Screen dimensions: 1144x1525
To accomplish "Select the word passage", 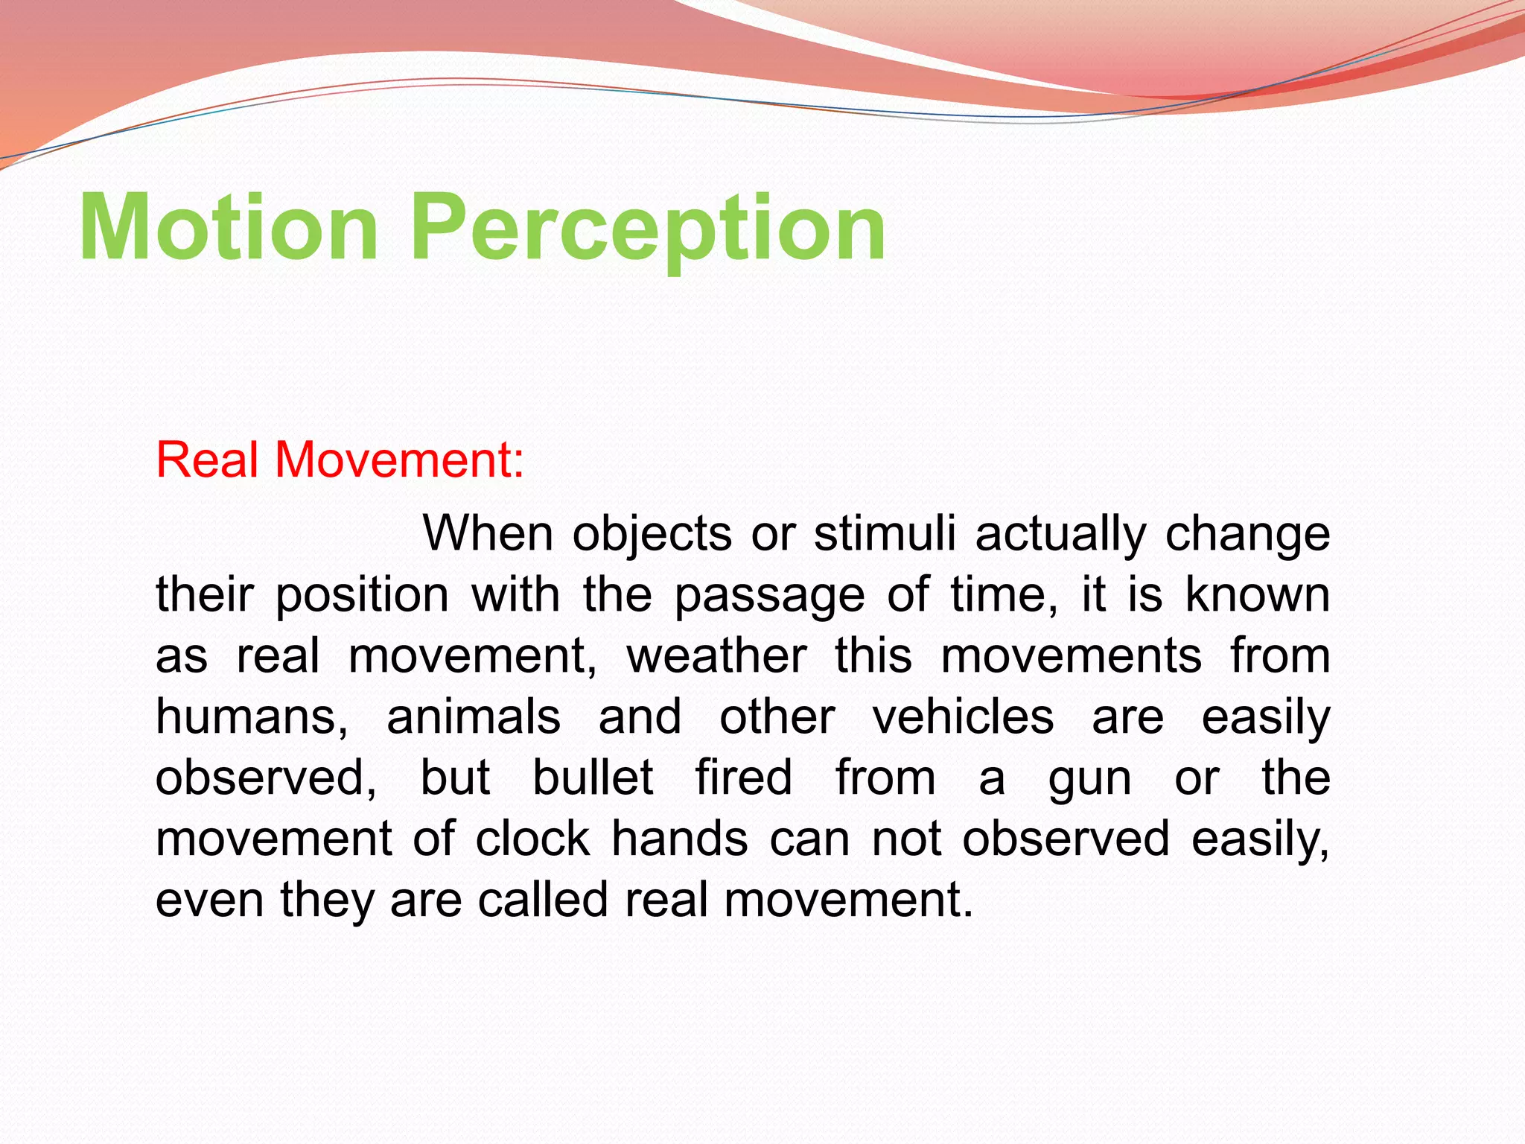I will tap(769, 596).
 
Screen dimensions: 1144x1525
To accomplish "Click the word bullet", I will tap(593, 778).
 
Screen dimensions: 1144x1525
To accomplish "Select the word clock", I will tap(532, 839).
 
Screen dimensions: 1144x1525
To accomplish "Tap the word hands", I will tap(679, 839).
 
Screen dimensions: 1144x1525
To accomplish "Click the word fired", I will tap(743, 778).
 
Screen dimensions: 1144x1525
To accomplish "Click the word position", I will tap(362, 596).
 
